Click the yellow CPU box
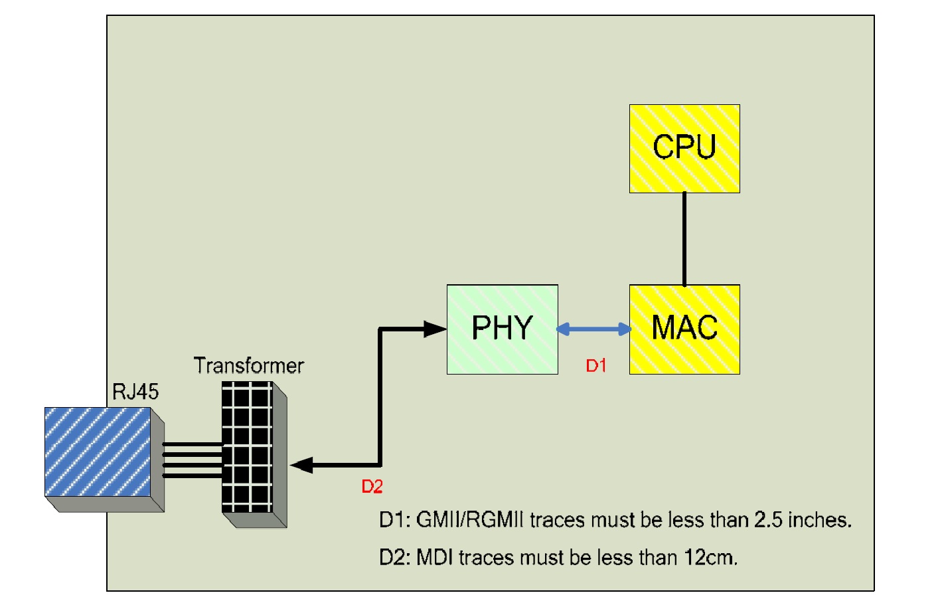(x=684, y=149)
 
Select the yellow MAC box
(x=684, y=329)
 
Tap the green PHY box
(x=503, y=329)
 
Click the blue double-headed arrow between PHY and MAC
(x=593, y=329)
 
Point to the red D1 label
(x=595, y=365)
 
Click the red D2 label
(x=372, y=487)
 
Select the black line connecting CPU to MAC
(x=684, y=239)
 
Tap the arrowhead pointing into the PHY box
(x=435, y=329)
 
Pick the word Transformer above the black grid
(x=248, y=365)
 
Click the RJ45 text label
(x=135, y=392)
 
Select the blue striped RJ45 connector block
(x=98, y=452)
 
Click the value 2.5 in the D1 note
(x=768, y=519)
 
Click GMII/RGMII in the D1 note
(x=470, y=519)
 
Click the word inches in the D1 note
(x=819, y=519)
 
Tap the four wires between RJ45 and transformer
(x=193, y=460)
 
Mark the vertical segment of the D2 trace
(x=380, y=398)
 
